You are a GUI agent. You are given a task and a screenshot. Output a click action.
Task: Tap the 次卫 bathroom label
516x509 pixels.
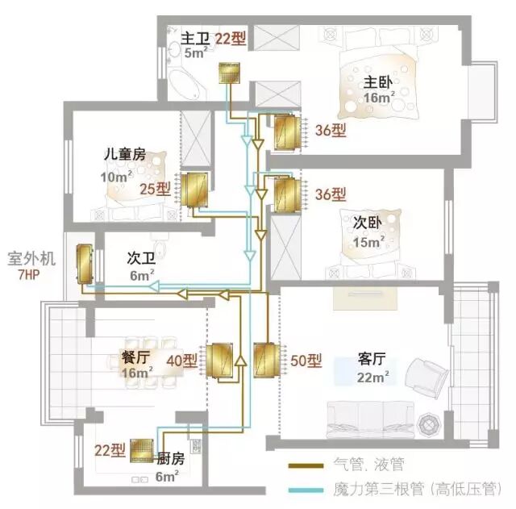point(141,258)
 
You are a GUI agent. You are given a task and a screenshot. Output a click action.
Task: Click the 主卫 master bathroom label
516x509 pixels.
point(196,38)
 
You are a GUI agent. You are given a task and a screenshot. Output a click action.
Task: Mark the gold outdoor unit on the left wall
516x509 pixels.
point(85,264)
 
